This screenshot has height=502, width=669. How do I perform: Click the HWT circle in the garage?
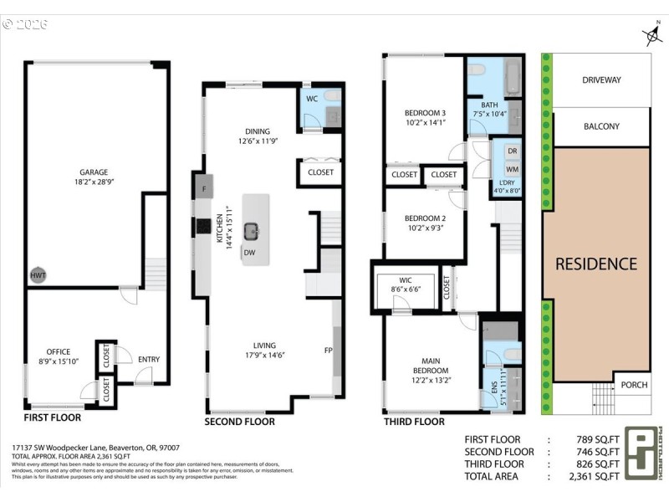(38, 274)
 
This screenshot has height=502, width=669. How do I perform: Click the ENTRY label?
(149, 360)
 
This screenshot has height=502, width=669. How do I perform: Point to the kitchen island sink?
(252, 230)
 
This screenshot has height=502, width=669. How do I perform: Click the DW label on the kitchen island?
(249, 252)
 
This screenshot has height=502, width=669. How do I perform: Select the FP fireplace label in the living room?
(328, 350)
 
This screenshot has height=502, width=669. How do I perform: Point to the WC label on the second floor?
(311, 99)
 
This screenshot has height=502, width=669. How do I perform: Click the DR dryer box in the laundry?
(513, 151)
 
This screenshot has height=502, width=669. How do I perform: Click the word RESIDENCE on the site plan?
(596, 264)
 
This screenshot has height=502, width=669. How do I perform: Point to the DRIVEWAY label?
(601, 80)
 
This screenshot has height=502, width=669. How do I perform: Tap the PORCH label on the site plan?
(633, 385)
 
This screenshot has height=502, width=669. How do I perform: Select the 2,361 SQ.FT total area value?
(595, 476)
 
